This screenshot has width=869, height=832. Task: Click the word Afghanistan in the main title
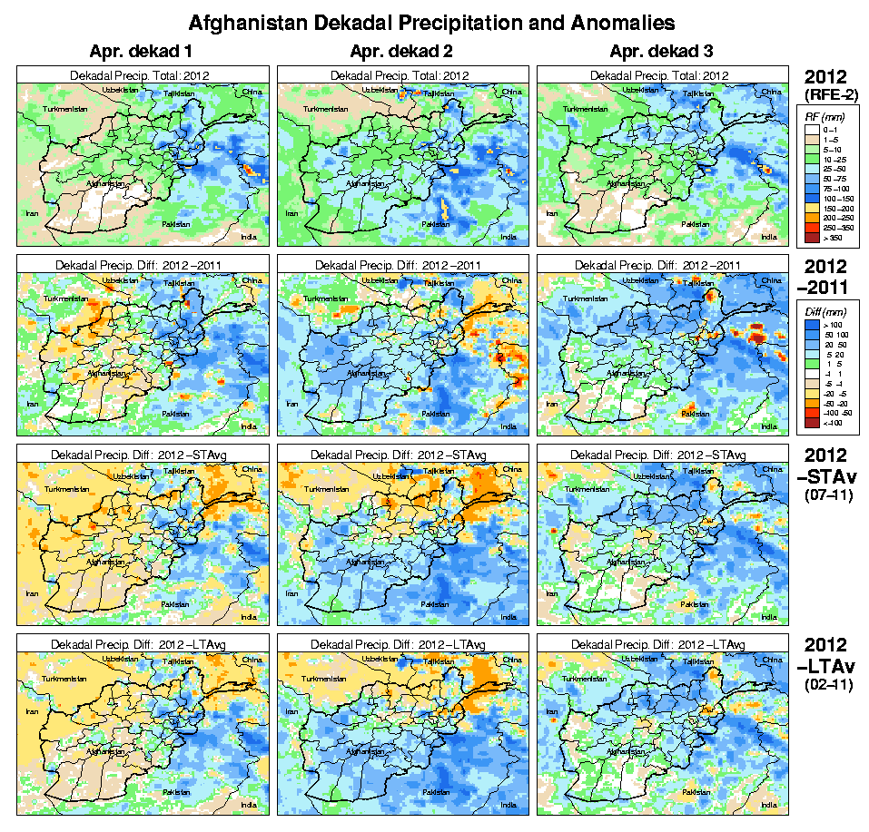point(243,21)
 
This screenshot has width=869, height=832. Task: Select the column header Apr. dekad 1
point(143,51)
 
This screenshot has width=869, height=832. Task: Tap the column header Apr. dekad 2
point(401,51)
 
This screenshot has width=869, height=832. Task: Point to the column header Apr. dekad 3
point(661,51)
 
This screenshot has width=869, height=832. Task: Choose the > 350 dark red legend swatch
point(812,239)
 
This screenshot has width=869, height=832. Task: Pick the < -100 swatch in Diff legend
point(812,424)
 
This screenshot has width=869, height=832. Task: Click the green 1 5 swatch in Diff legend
point(812,363)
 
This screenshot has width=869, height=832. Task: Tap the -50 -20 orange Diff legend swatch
point(812,403)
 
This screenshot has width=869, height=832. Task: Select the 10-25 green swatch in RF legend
point(812,159)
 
